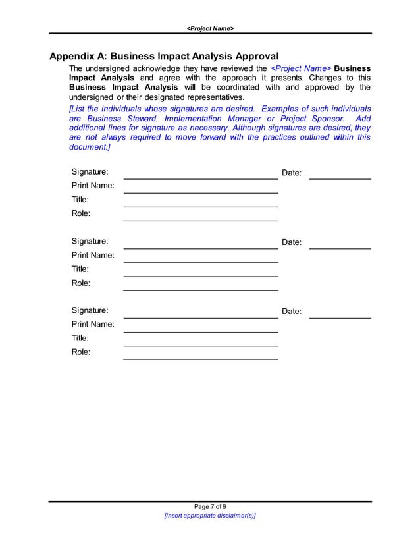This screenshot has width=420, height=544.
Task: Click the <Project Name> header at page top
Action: point(210,28)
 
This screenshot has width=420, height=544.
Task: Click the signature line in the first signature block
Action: point(201,178)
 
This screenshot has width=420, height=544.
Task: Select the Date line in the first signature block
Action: point(340,178)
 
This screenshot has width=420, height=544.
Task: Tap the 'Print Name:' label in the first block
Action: point(93,186)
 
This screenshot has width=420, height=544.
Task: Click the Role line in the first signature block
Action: point(201,220)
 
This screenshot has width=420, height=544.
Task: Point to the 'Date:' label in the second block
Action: point(292,242)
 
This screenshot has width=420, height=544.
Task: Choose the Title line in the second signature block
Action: point(201,275)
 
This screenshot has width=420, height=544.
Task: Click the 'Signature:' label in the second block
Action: point(90,241)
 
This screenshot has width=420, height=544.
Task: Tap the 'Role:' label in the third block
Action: point(81,352)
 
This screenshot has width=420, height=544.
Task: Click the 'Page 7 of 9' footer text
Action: point(210,506)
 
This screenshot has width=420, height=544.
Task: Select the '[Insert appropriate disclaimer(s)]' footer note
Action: point(210,516)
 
